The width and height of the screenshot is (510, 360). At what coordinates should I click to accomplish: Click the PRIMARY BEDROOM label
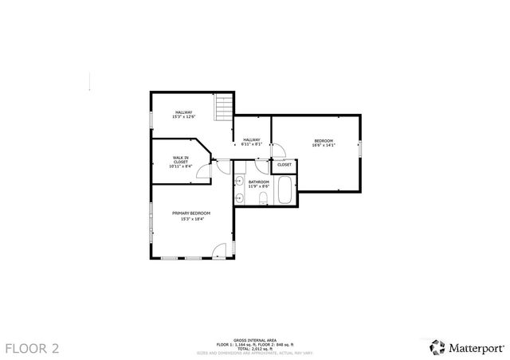pos(191,216)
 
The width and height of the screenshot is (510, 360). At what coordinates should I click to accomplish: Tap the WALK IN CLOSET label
pos(180,162)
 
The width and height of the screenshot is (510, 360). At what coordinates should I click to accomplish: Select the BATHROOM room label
pos(258,184)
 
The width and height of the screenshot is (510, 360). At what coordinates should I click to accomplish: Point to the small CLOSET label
pos(284,165)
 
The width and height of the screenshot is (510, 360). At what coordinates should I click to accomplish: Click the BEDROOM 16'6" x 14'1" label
pos(323,143)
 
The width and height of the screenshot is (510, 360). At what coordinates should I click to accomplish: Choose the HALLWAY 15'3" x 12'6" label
pos(183,115)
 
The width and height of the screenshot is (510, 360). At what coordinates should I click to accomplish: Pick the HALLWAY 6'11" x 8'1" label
pos(252,143)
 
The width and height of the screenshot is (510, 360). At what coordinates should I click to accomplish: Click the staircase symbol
pos(224,108)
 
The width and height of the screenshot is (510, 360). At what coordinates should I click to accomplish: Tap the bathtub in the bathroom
pos(284,190)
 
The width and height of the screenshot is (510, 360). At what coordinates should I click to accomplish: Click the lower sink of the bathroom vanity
pos(239,197)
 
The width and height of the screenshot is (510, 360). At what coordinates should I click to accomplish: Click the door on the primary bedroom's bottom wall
pos(221,252)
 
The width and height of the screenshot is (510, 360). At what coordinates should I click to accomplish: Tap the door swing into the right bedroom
pos(279,151)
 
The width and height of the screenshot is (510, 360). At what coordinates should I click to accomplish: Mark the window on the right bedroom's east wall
pos(360,149)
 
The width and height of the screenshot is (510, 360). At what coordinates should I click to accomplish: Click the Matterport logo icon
pos(437,347)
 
